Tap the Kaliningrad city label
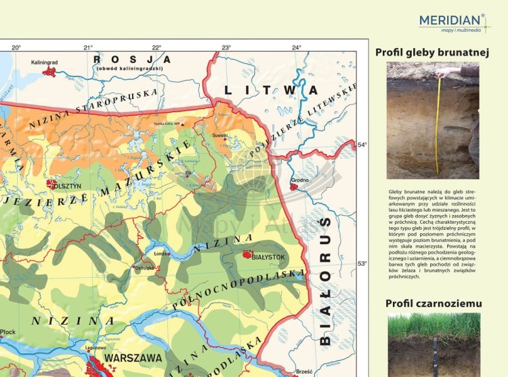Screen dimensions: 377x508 [45, 62]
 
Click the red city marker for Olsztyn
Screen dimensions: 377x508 [51, 184]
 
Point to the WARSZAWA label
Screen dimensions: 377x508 [132, 358]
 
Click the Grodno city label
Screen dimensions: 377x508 [299, 180]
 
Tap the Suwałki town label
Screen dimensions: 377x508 [220, 136]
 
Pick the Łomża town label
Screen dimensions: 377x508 [163, 254]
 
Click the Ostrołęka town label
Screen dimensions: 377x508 [144, 268]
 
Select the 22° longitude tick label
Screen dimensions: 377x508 [156, 47]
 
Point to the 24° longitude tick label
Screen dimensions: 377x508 [297, 47]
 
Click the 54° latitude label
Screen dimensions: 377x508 [362, 144]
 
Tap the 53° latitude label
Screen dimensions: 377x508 [362, 263]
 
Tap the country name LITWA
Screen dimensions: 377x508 [271, 90]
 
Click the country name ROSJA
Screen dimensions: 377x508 [132, 60]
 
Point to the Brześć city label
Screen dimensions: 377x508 [304, 372]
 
